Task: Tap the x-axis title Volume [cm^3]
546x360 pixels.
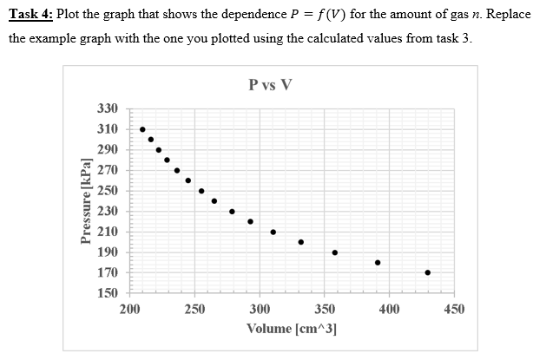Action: pyautogui.click(x=292, y=329)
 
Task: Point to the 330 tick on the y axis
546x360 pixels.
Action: pyautogui.click(x=107, y=108)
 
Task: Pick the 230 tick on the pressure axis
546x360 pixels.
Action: pyautogui.click(x=107, y=211)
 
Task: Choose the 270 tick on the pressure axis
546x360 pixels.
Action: pyautogui.click(x=107, y=170)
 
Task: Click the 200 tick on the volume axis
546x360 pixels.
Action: pyautogui.click(x=130, y=309)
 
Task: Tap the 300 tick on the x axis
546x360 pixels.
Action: pyautogui.click(x=260, y=309)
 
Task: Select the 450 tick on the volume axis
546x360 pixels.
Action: pyautogui.click(x=454, y=309)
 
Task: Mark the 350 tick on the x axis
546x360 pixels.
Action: pyautogui.click(x=324, y=309)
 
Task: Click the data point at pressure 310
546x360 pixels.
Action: pyautogui.click(x=142, y=129)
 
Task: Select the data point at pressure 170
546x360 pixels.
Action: pyautogui.click(x=428, y=272)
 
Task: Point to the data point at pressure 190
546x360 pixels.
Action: pyautogui.click(x=334, y=252)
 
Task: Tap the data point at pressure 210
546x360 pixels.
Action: pyautogui.click(x=273, y=232)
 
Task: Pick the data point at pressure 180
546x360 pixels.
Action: pyautogui.click(x=378, y=262)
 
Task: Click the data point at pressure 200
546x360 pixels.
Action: pyautogui.click(x=300, y=242)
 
